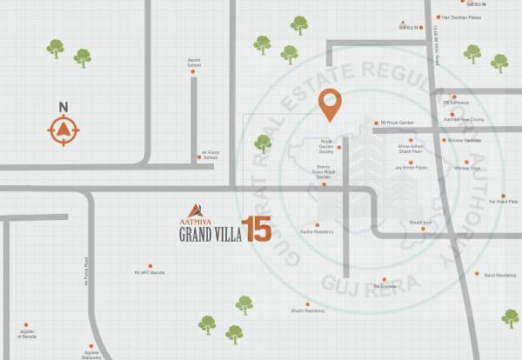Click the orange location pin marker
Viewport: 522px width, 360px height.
click(x=330, y=104)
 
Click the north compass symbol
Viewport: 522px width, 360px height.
click(x=63, y=131)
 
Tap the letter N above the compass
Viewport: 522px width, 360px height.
click(x=63, y=107)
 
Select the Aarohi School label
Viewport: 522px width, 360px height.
click(x=194, y=63)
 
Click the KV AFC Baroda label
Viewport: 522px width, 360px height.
click(x=150, y=273)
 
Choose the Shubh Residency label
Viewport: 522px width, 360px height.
click(x=308, y=310)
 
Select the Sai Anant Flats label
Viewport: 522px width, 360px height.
click(x=503, y=201)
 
